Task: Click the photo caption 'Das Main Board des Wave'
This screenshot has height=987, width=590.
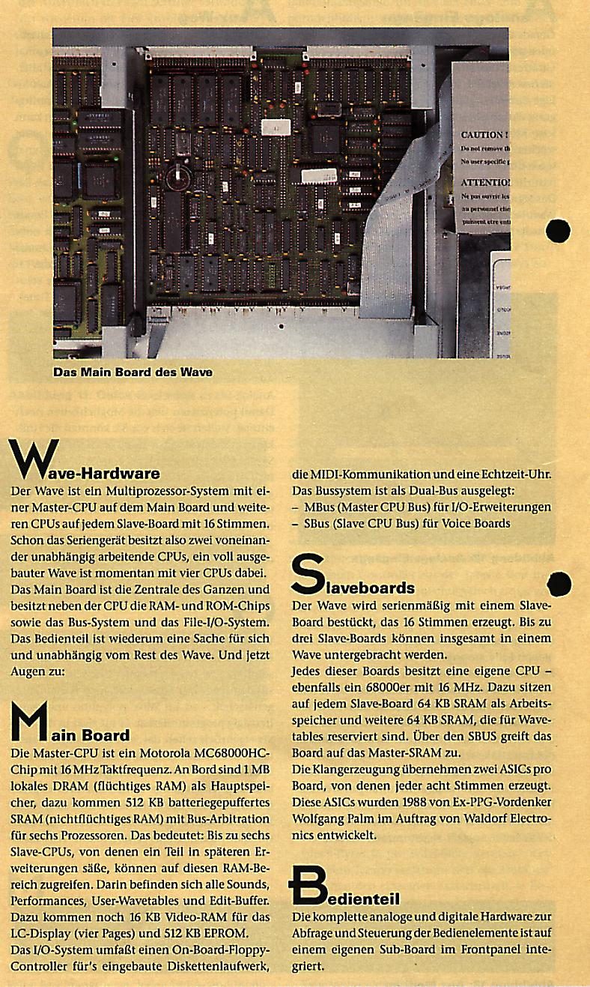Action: pyautogui.click(x=133, y=371)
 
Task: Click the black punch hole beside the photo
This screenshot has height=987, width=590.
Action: pyautogui.click(x=559, y=230)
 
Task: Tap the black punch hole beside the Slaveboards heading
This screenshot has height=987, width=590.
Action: pyautogui.click(x=559, y=585)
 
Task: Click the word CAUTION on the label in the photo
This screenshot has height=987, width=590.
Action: pyautogui.click(x=483, y=135)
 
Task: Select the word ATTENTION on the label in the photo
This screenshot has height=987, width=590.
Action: pyautogui.click(x=484, y=182)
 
